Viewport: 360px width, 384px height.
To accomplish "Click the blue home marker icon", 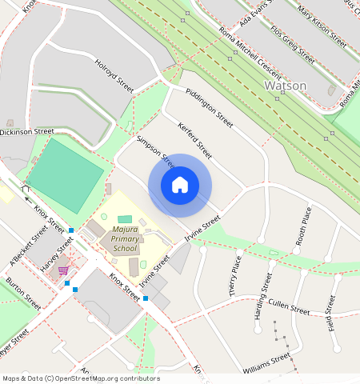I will pos(180,186).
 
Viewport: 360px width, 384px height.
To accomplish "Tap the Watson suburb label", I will pos(285,85).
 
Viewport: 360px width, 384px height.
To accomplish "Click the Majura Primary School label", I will pos(125,239).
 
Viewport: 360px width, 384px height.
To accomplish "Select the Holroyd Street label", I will pos(114,76).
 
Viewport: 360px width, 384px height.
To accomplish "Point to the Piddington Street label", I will pos(209,108).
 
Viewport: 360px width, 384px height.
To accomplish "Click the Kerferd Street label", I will pos(195,140).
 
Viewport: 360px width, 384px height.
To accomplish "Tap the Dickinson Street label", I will pos(26,131).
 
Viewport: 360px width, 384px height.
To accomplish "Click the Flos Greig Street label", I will pos(292,46).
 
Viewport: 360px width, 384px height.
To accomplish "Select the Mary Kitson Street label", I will pos(316,22).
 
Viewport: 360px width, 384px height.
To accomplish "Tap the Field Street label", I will pos(331,314).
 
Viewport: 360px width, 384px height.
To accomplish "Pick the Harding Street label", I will pos(262,297).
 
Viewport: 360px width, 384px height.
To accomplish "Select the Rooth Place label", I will pos(303,226).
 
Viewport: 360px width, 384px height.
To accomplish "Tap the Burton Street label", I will pos(22,294).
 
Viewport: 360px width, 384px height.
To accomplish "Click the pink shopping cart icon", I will pos(62,271).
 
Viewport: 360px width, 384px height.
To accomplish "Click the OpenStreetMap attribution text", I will pos(81,378).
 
